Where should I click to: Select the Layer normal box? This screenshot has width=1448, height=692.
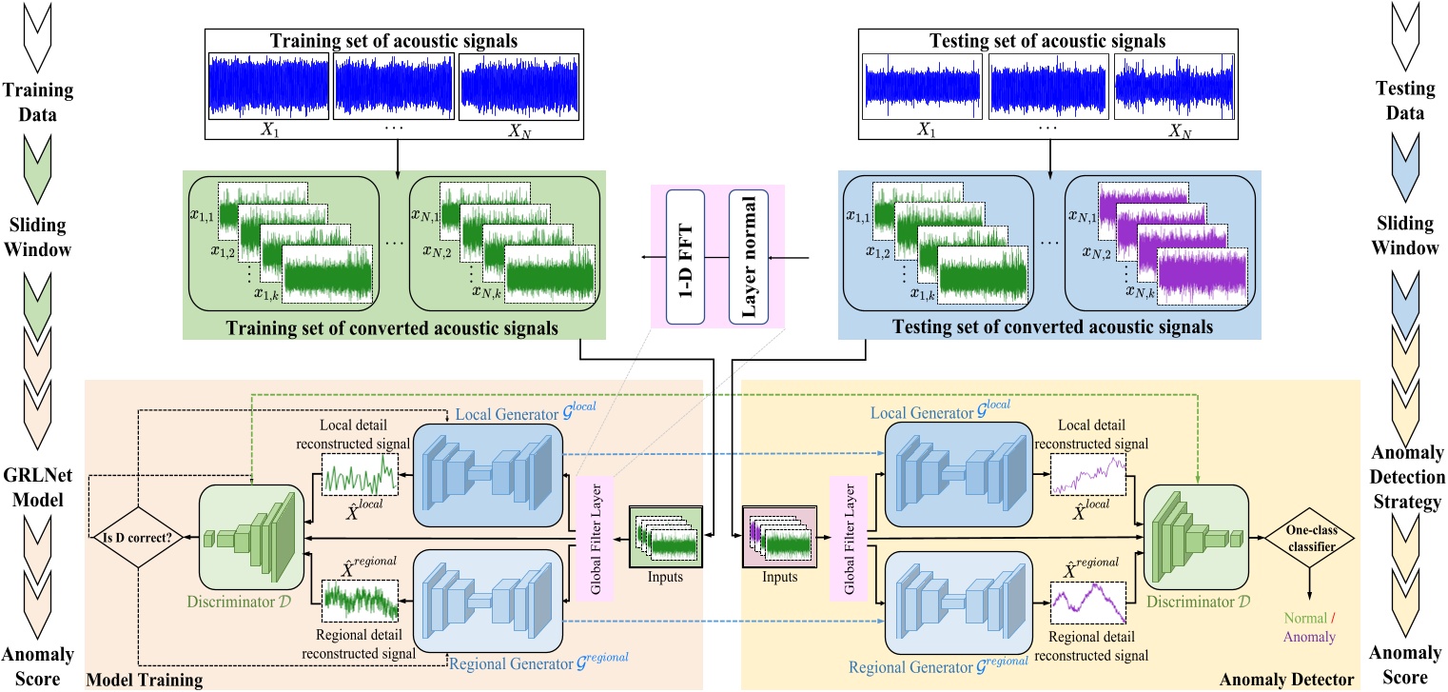(748, 257)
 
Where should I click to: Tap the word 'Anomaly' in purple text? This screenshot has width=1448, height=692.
(1309, 637)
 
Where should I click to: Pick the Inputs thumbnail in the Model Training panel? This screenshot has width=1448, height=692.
(665, 537)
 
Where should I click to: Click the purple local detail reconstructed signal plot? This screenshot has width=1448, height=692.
(1086, 473)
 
